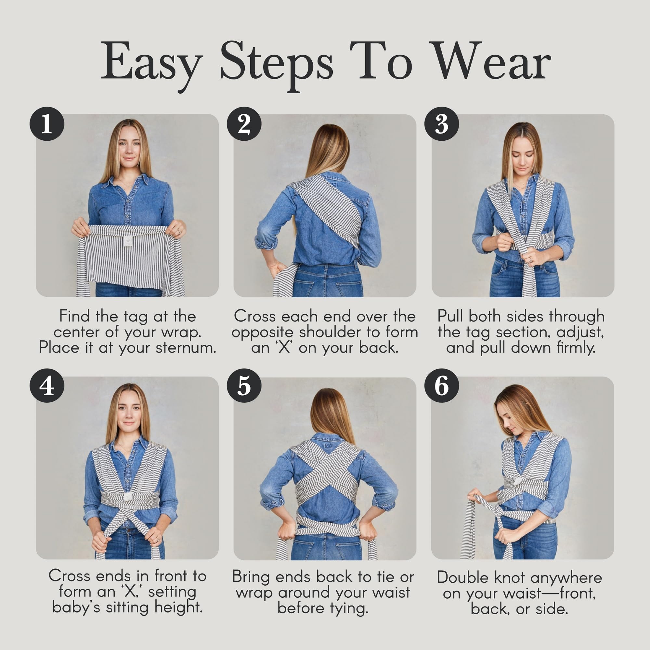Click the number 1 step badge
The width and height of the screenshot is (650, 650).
(x=47, y=124)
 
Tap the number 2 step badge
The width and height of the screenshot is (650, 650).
(x=244, y=124)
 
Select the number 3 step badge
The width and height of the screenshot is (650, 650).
(x=441, y=124)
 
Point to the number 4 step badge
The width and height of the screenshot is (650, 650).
(x=47, y=385)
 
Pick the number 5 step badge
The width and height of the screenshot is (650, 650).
(x=244, y=385)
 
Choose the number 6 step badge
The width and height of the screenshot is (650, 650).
(x=441, y=385)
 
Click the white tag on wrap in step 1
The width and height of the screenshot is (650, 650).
(x=128, y=240)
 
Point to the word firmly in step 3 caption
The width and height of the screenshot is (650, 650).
(x=576, y=347)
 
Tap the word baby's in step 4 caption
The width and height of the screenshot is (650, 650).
(x=76, y=607)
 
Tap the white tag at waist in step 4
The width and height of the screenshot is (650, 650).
(x=128, y=497)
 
